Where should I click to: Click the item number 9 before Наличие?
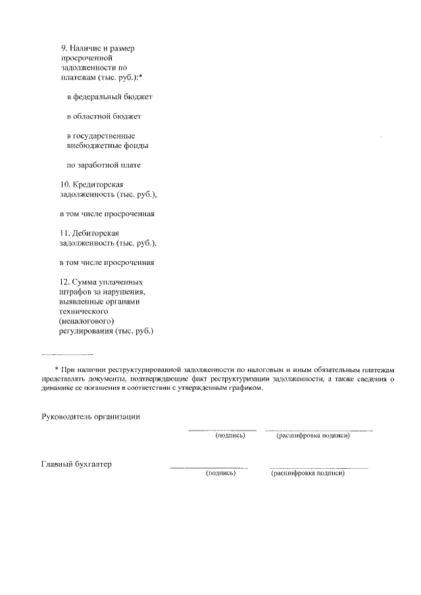point(63,49)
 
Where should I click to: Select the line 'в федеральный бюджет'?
point(109,97)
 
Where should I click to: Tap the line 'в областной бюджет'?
point(104,116)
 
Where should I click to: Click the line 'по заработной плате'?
point(104,165)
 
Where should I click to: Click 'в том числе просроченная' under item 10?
point(107,214)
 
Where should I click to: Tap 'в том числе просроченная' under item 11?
point(107,262)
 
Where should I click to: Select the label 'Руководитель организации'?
point(91,417)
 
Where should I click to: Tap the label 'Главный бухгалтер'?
point(76,464)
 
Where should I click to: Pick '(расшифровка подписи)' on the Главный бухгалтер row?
point(308,473)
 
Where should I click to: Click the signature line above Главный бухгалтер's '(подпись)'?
point(208,468)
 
